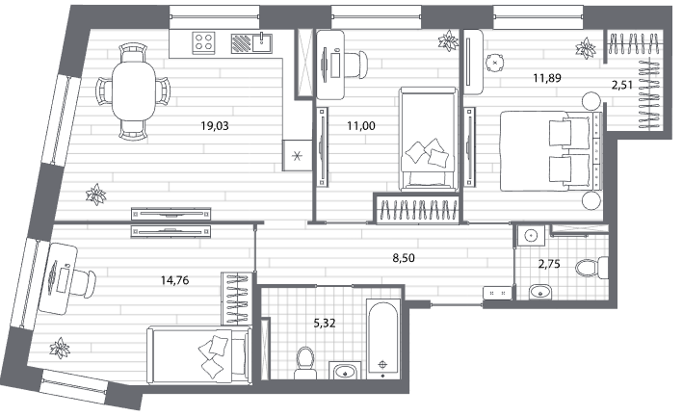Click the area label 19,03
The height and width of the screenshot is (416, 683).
(x=214, y=126)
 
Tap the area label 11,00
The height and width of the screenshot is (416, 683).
(x=361, y=126)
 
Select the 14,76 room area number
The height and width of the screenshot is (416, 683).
(x=174, y=280)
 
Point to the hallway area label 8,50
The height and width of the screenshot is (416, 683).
(x=404, y=258)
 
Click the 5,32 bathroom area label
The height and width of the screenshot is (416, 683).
(x=325, y=324)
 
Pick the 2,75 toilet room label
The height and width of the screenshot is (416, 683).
(x=549, y=264)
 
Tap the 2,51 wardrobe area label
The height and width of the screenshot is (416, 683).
(x=622, y=85)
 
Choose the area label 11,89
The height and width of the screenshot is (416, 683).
(x=547, y=78)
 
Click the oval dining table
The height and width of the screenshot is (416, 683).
(x=134, y=91)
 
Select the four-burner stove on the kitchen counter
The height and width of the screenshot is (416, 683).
(x=204, y=42)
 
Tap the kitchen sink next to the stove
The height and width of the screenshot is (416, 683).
(x=262, y=42)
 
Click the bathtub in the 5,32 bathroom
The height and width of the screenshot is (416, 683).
(x=382, y=338)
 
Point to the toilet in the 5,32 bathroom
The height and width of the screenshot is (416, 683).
(x=304, y=363)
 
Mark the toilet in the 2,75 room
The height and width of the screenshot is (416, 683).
(x=591, y=268)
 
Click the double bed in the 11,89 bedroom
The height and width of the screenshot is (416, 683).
(x=551, y=151)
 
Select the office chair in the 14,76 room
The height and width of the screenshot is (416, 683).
(x=85, y=283)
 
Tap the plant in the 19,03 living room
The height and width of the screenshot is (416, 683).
(x=95, y=195)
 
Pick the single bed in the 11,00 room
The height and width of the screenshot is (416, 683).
(x=429, y=139)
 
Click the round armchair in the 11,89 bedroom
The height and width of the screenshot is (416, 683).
(x=495, y=63)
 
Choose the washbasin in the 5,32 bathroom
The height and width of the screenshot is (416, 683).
(x=346, y=371)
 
